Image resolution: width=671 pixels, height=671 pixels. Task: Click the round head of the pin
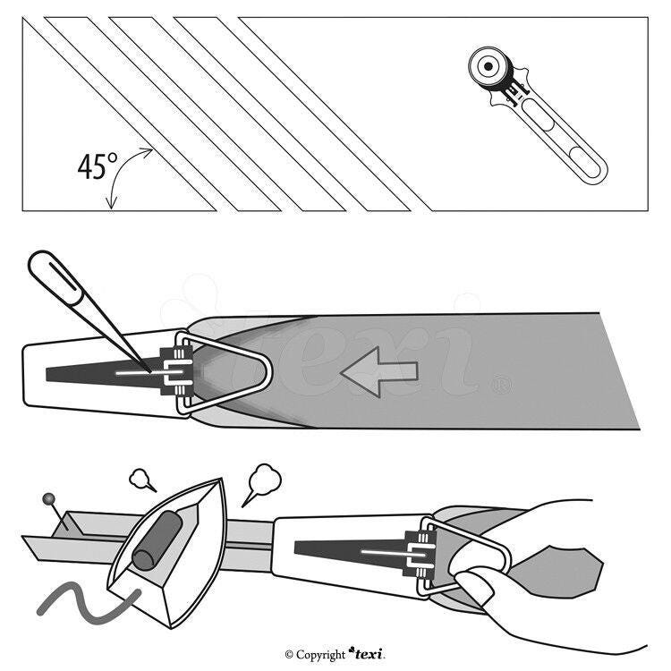click(x=47, y=497)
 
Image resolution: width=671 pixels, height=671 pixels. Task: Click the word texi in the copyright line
click(x=369, y=654)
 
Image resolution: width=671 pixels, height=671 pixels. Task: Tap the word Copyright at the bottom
click(x=320, y=655)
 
